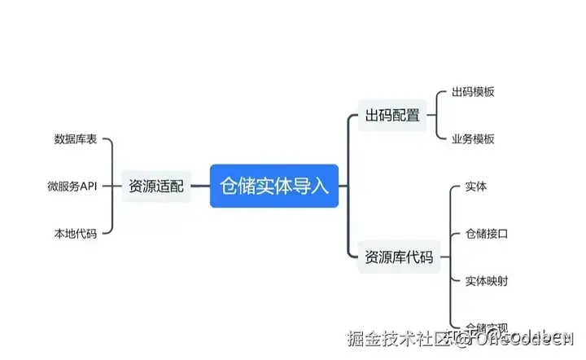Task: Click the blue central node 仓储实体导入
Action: click(274, 186)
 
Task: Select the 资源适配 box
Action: click(156, 187)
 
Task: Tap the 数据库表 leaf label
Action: click(76, 139)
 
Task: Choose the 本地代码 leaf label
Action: click(76, 234)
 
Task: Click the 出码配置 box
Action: click(392, 116)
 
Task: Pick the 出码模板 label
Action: click(473, 92)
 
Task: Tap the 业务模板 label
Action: click(473, 138)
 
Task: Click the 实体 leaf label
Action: click(476, 187)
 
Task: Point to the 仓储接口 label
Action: click(487, 234)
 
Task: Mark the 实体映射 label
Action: click(487, 281)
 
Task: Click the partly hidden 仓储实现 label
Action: click(487, 327)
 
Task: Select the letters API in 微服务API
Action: click(87, 187)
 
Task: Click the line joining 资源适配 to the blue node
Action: click(199, 187)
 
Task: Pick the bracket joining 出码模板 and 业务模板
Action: click(435, 116)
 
